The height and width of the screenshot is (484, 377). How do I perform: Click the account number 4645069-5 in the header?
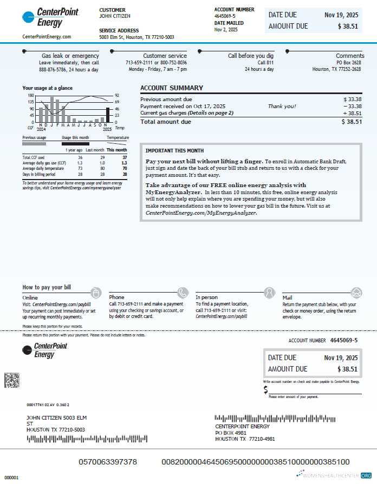(x=225, y=16)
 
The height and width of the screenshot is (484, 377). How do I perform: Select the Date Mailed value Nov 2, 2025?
(x=226, y=30)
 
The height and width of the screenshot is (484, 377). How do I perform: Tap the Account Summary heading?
(x=172, y=88)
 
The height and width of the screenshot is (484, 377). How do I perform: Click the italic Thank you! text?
(x=282, y=107)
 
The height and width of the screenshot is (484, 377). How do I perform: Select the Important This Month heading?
(x=174, y=150)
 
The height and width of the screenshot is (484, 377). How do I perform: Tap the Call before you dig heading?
(x=251, y=56)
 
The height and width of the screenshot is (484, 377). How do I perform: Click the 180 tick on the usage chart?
(x=31, y=96)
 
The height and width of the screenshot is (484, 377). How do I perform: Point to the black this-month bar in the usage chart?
(x=108, y=115)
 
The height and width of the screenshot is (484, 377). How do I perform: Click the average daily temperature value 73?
(x=80, y=169)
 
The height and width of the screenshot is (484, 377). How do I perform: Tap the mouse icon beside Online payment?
(x=96, y=293)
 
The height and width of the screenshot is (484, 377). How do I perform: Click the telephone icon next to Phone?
(x=183, y=293)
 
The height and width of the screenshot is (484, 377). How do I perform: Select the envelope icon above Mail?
(x=356, y=293)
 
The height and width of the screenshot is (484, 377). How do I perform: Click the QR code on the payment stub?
(x=12, y=380)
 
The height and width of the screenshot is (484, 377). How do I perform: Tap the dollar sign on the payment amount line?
(x=266, y=390)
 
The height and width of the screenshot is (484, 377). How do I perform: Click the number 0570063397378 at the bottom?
(x=108, y=462)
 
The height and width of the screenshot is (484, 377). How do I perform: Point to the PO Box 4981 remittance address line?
(x=231, y=433)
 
